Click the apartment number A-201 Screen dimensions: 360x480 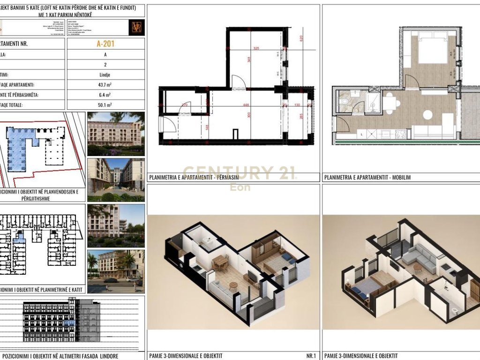(105, 44)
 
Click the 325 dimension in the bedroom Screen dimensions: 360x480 (256, 48)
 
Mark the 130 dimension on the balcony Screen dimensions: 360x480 (298, 105)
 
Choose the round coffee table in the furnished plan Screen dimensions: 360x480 (427, 114)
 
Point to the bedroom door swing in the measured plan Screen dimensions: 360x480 (238, 82)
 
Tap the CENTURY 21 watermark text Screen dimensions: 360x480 (239, 172)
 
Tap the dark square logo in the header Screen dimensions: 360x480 (136, 27)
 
